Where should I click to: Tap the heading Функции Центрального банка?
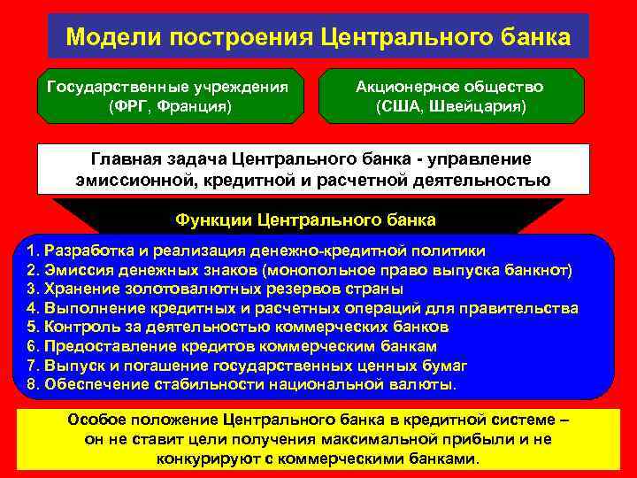[x=306, y=219]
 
